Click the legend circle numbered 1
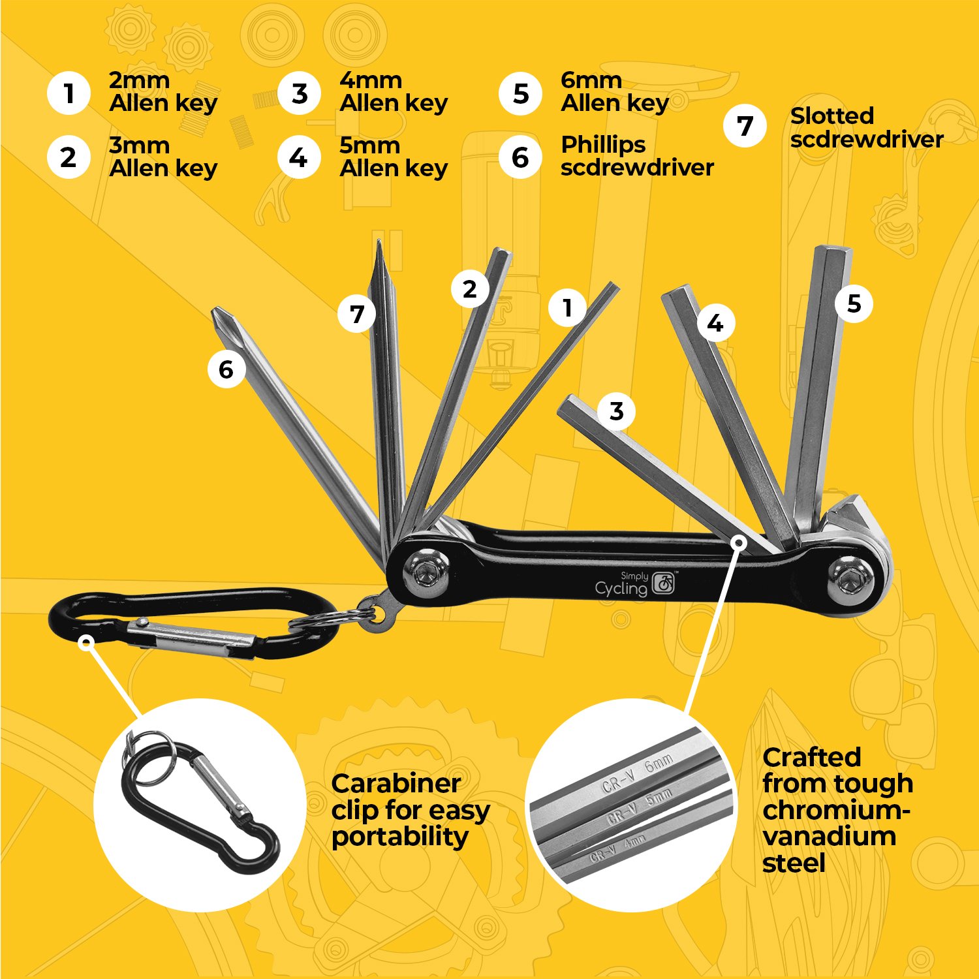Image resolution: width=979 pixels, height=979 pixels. pos(69,93)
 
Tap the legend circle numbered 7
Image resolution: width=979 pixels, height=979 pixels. pos(745,126)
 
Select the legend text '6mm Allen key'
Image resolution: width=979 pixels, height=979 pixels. pos(614,92)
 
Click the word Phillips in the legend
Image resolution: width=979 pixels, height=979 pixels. pos(603,145)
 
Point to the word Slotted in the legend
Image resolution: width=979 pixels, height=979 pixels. pos(831,116)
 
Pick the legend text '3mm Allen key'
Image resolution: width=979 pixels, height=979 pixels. pos(163,157)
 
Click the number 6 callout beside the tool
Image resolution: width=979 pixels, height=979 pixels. pos(226,369)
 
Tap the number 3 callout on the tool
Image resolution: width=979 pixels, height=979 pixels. pos(616,412)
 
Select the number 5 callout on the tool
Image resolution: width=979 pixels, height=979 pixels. pos(854,304)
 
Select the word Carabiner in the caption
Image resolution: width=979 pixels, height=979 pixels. pos(396,783)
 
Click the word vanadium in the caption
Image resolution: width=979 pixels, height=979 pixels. pos(829,837)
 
